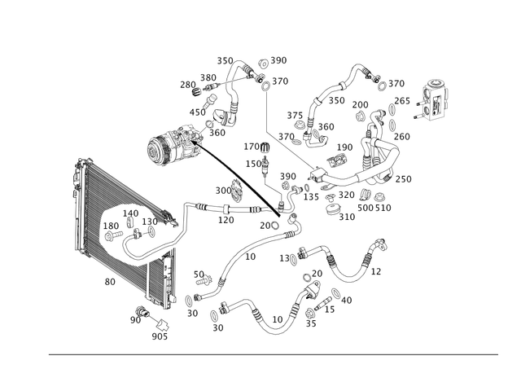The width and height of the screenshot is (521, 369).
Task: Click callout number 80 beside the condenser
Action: point(111,282)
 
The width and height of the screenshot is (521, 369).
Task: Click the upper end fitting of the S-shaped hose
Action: point(379,243)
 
